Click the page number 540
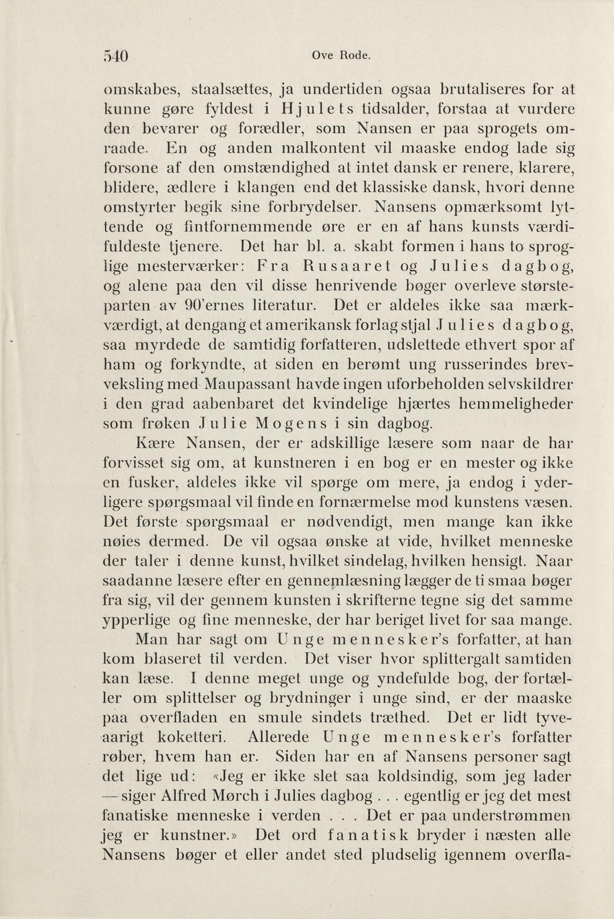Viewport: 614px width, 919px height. (x=116, y=56)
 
